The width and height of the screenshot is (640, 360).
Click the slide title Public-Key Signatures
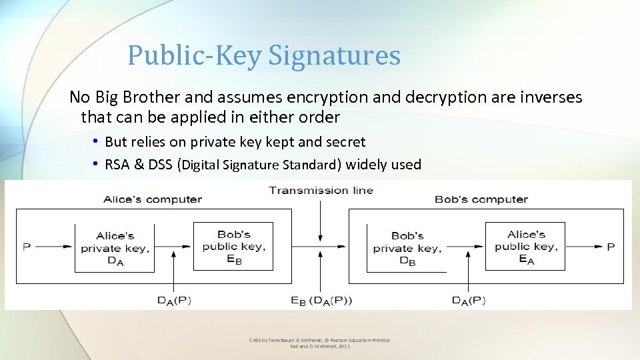pyautogui.click(x=264, y=55)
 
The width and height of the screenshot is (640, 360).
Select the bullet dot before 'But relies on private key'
pyautogui.click(x=97, y=141)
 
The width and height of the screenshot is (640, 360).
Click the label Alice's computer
pyautogui.click(x=153, y=199)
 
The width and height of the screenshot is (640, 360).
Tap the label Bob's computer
pyautogui.click(x=481, y=199)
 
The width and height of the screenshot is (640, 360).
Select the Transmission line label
pyautogui.click(x=321, y=190)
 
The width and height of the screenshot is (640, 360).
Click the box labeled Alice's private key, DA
pyautogui.click(x=115, y=247)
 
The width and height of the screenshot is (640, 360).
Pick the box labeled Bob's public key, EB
pyautogui.click(x=233, y=246)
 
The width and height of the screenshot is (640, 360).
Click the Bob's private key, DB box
pyautogui.click(x=407, y=247)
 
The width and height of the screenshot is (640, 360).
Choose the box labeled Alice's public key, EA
pyautogui.click(x=525, y=246)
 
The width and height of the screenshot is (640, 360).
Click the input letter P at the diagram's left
pyautogui.click(x=27, y=247)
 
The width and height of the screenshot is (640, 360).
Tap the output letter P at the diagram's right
pyautogui.click(x=610, y=247)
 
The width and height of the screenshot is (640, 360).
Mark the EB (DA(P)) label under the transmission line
pyautogui.click(x=321, y=301)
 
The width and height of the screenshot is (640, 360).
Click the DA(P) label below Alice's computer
pyautogui.click(x=174, y=301)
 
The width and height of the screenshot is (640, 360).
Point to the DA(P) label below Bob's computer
pyautogui.click(x=469, y=301)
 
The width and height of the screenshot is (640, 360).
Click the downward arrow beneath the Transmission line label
pyautogui.click(x=321, y=220)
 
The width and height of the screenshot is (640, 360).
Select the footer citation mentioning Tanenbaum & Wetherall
pyautogui.click(x=319, y=343)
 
